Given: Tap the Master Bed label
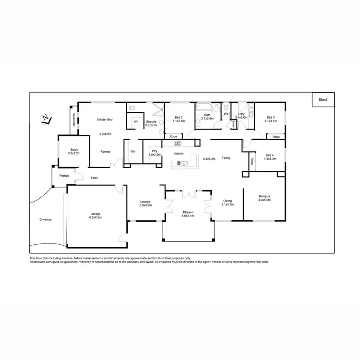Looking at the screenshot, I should tap(105, 119).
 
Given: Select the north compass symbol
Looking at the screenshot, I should tap(46, 119).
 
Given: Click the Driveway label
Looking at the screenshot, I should tap(46, 220).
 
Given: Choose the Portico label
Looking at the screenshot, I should tap(64, 176).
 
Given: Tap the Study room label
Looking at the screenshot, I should tap(74, 149).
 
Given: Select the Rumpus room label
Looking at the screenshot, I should tap(264, 196).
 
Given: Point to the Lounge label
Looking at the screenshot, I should tap(145, 201).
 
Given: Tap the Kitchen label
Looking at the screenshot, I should tap(179, 154).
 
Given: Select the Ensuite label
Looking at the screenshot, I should tap(151, 121).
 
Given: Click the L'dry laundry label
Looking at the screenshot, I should tap(241, 114).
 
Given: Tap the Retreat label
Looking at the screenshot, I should tap(105, 152).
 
